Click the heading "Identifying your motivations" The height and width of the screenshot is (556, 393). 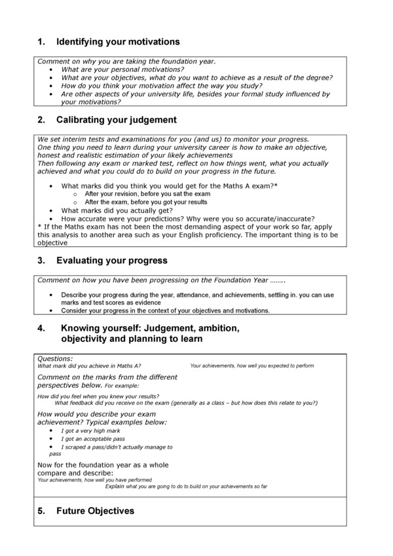click(118, 42)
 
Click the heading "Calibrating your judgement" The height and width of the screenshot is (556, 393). click(117, 120)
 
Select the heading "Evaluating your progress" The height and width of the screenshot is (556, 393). click(112, 261)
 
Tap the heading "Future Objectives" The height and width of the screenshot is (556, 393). click(96, 511)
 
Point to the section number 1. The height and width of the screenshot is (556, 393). click(41, 42)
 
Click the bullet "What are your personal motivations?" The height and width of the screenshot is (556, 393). click(122, 69)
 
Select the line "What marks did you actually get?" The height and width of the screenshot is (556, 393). click(116, 211)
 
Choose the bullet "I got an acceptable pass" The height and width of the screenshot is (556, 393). click(93, 439)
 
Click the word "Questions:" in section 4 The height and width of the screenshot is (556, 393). click(55, 359)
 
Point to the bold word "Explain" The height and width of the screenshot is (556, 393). click(114, 487)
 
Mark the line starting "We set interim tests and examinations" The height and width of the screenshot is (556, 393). click(173, 139)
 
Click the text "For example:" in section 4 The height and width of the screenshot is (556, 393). click(121, 386)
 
